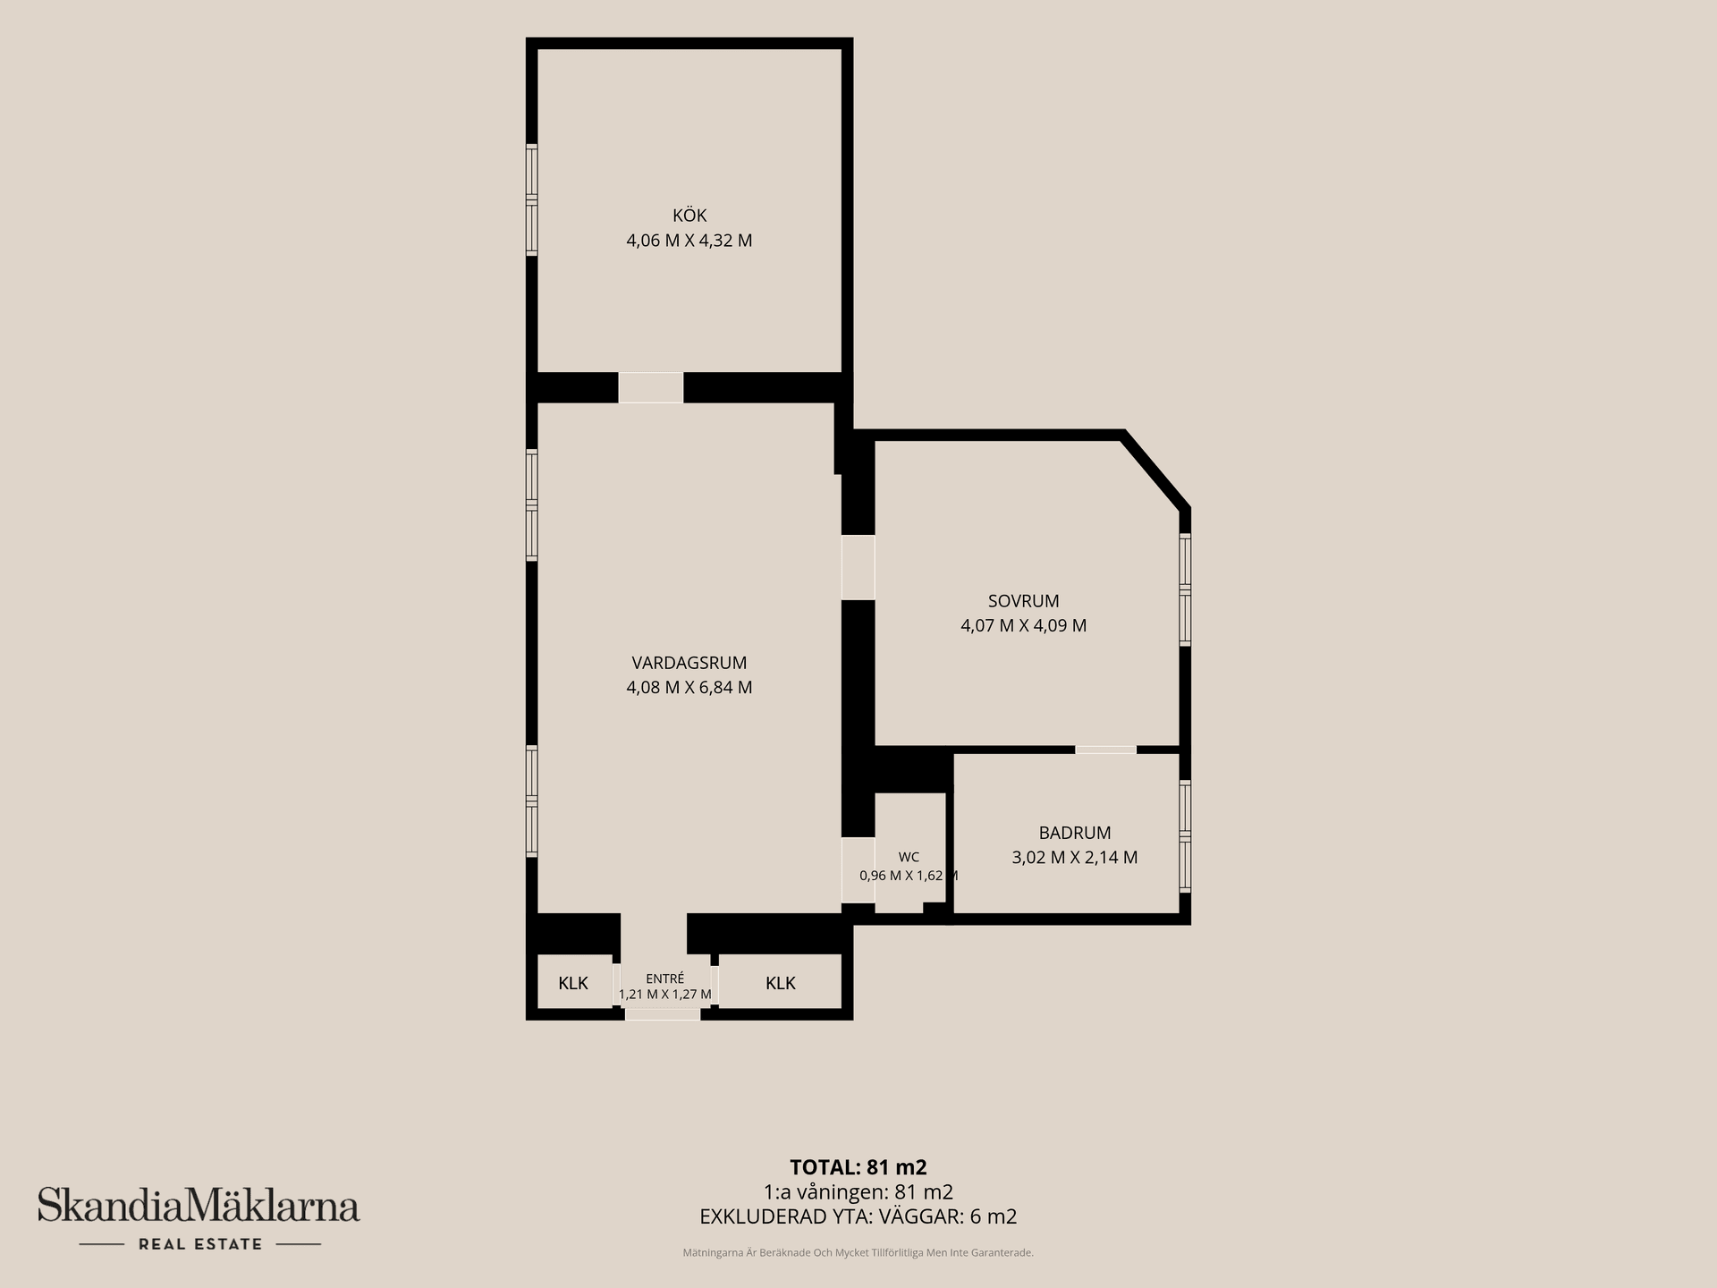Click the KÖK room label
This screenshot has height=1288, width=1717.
click(x=689, y=216)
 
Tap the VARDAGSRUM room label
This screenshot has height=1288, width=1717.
click(x=689, y=663)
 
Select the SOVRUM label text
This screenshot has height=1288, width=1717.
click(x=1024, y=601)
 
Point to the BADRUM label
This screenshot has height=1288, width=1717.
click(x=1075, y=833)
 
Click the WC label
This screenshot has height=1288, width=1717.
click(x=909, y=857)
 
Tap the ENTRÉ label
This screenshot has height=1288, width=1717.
click(x=665, y=979)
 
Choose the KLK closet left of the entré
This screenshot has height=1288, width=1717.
click(x=573, y=983)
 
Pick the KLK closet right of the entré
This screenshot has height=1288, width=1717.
click(x=781, y=983)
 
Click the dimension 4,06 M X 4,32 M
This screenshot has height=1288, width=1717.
click(x=689, y=241)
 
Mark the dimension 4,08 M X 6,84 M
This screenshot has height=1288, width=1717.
click(x=689, y=688)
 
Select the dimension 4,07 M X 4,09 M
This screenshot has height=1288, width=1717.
click(x=1024, y=626)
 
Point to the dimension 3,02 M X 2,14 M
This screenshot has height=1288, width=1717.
click(x=1075, y=858)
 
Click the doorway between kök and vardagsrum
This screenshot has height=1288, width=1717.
click(x=651, y=388)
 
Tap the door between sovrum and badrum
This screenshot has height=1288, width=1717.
click(x=1106, y=750)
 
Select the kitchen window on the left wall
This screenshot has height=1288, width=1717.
click(x=531, y=199)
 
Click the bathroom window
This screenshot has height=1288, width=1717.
click(x=1185, y=836)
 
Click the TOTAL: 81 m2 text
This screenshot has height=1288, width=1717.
click(x=858, y=1167)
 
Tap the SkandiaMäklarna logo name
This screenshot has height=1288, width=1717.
click(x=199, y=1205)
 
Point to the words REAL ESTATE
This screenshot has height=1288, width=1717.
click(x=200, y=1244)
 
